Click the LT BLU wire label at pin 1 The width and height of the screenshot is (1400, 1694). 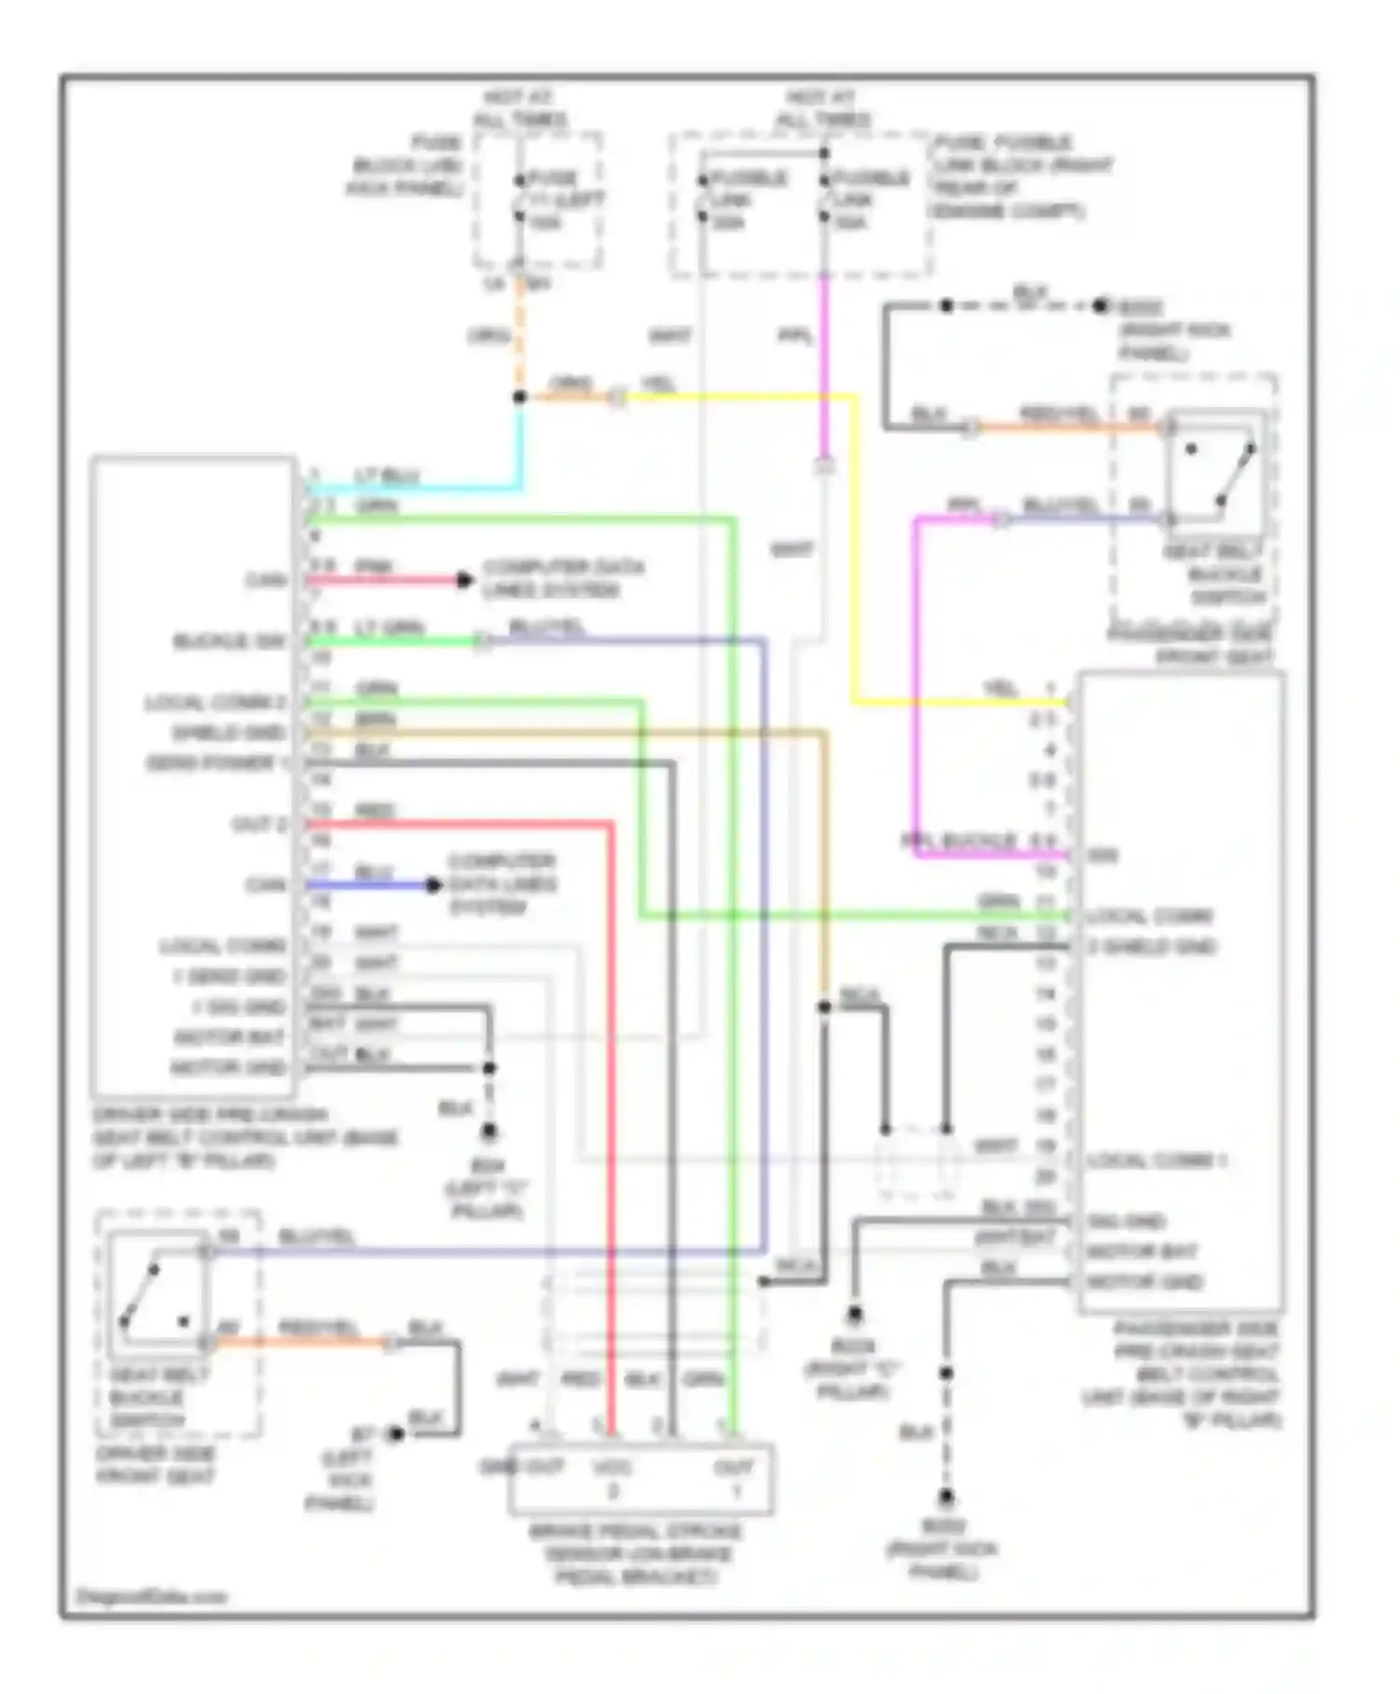(385, 476)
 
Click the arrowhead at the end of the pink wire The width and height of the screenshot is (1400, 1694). (464, 580)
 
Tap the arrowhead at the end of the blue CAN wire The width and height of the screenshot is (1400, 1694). (433, 884)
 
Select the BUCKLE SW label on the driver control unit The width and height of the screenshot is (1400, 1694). (230, 642)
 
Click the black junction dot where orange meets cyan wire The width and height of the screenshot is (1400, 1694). (520, 397)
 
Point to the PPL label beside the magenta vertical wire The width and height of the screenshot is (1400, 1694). (795, 336)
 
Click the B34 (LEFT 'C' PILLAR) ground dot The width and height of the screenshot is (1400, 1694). (488, 1132)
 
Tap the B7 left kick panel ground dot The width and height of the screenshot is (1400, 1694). (397, 1433)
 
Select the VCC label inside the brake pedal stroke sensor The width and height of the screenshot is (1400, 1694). (613, 1467)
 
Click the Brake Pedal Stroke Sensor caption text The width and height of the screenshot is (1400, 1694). (636, 1554)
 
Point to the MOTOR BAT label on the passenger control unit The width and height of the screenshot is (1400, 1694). (1142, 1251)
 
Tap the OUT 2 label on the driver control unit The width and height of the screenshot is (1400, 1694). (259, 825)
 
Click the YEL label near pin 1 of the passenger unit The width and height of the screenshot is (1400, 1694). (1001, 687)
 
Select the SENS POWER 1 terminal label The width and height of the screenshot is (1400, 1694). (211, 763)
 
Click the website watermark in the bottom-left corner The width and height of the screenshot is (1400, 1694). (152, 1596)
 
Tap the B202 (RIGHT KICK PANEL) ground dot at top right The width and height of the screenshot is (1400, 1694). (1100, 305)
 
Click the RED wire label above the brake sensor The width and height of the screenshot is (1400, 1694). (580, 1378)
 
